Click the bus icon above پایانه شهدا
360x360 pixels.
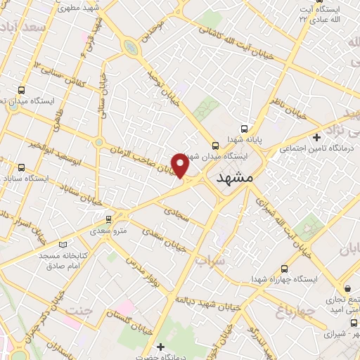coord(244,129)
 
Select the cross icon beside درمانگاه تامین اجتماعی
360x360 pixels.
coord(317,136)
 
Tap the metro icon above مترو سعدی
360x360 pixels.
coord(107,219)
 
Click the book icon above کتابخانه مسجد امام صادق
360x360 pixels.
coord(65,245)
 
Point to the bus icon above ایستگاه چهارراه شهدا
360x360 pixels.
coord(284,269)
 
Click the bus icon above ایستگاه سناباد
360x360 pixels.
coord(21,167)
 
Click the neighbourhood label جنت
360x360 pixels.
coord(79,309)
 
